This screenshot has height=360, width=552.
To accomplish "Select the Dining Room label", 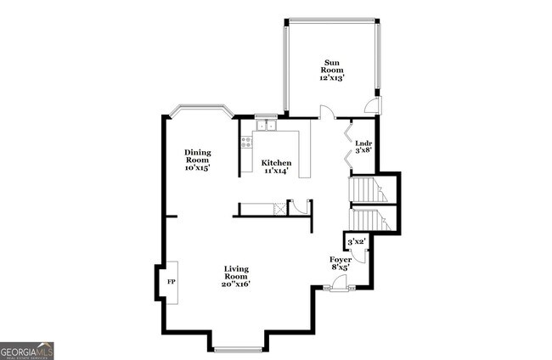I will point(197,156).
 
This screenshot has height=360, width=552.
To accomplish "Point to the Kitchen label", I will point(276,162).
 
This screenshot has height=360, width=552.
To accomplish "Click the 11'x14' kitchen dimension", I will point(276,171).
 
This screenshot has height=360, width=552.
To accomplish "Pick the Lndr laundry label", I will point(363,143).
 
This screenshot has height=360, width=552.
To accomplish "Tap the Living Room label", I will point(236,273).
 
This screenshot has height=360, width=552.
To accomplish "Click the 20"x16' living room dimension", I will point(236,284).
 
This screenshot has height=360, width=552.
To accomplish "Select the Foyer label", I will point(341,258).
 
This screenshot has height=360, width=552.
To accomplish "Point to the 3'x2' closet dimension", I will point(357,242).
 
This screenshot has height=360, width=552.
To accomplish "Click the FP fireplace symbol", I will point(170,282).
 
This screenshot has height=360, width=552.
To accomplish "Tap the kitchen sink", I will point(266,126).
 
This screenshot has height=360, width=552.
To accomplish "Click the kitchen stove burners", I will point(246,143).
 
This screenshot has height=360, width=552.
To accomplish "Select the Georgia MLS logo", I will point(27,351).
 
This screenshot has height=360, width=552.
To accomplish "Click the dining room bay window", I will point(200,110).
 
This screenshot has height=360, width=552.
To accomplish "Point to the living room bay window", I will point(238,347).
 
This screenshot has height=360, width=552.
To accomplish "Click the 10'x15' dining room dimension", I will point(197,167).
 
